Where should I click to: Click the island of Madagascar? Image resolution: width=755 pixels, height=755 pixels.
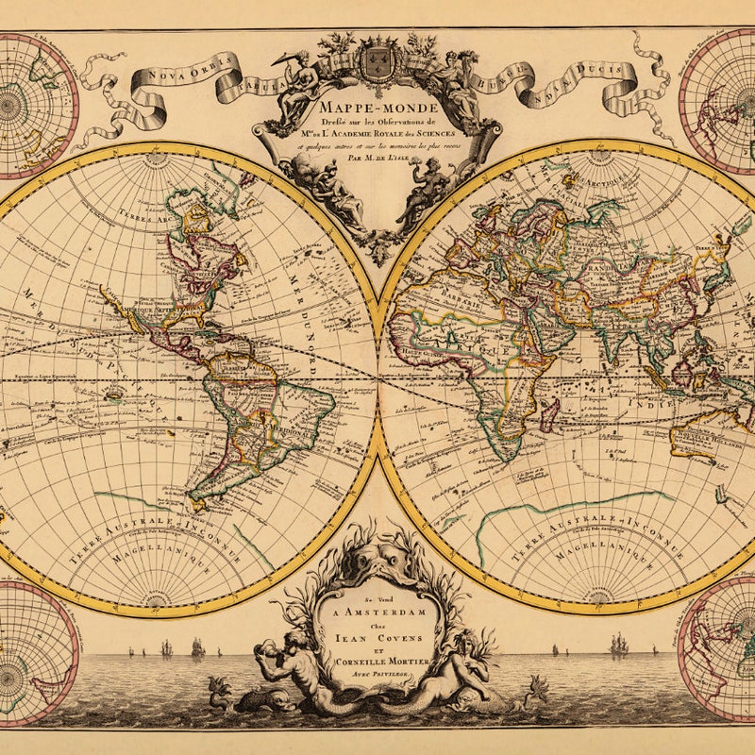pyautogui.click(x=549, y=414)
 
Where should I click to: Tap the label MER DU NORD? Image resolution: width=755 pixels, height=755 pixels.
pyautogui.click(x=311, y=311)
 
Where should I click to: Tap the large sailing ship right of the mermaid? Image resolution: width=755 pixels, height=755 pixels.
pyautogui.click(x=619, y=646)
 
